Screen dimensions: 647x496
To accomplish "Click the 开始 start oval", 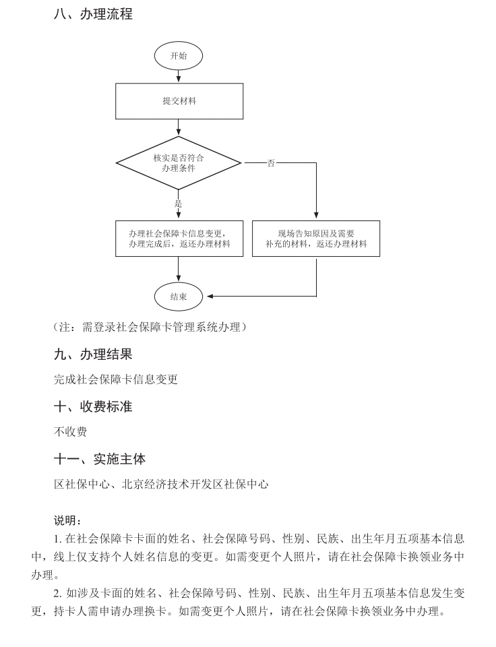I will (179, 56).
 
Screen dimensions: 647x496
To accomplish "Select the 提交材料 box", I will (179, 101).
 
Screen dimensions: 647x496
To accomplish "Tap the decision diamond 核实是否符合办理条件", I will (179, 162).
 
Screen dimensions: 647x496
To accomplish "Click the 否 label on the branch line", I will (271, 163).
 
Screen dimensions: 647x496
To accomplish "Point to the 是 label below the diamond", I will (179, 203).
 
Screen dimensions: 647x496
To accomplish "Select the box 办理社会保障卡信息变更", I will (179, 239).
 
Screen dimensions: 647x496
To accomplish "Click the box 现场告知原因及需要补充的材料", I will (316, 239).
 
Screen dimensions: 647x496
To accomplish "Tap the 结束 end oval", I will (179, 297).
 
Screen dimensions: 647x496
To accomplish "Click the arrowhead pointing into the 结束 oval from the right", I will (210, 297).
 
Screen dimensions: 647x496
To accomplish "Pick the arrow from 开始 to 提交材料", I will (179, 77).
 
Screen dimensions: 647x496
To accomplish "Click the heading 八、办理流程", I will (93, 14).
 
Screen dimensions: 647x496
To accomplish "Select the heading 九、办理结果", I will (93, 354).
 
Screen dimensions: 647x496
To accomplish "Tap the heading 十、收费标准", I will (93, 406).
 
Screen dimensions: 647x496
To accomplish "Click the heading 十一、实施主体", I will (100, 459).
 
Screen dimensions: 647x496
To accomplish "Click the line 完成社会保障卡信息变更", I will (116, 379).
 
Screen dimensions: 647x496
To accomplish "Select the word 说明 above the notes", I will (66, 521).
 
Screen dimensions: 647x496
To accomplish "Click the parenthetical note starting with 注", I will (150, 328).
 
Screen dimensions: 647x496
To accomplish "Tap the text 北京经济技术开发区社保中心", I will (195, 485).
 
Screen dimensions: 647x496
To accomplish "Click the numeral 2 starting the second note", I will (57, 593).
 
